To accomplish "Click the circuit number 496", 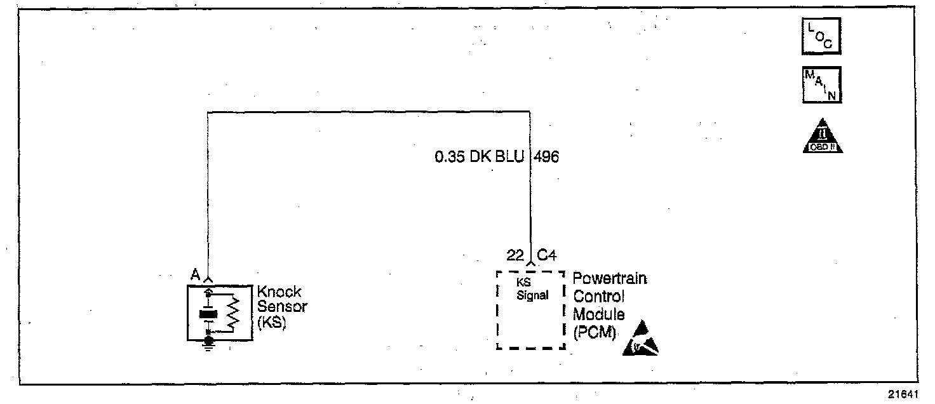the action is [547, 156].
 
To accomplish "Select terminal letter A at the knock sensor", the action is [196, 274].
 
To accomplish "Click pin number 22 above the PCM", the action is [515, 255].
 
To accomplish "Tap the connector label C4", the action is [547, 255].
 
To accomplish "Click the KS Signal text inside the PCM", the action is [532, 292].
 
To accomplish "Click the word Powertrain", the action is [610, 279].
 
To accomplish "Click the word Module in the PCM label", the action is [598, 314].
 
